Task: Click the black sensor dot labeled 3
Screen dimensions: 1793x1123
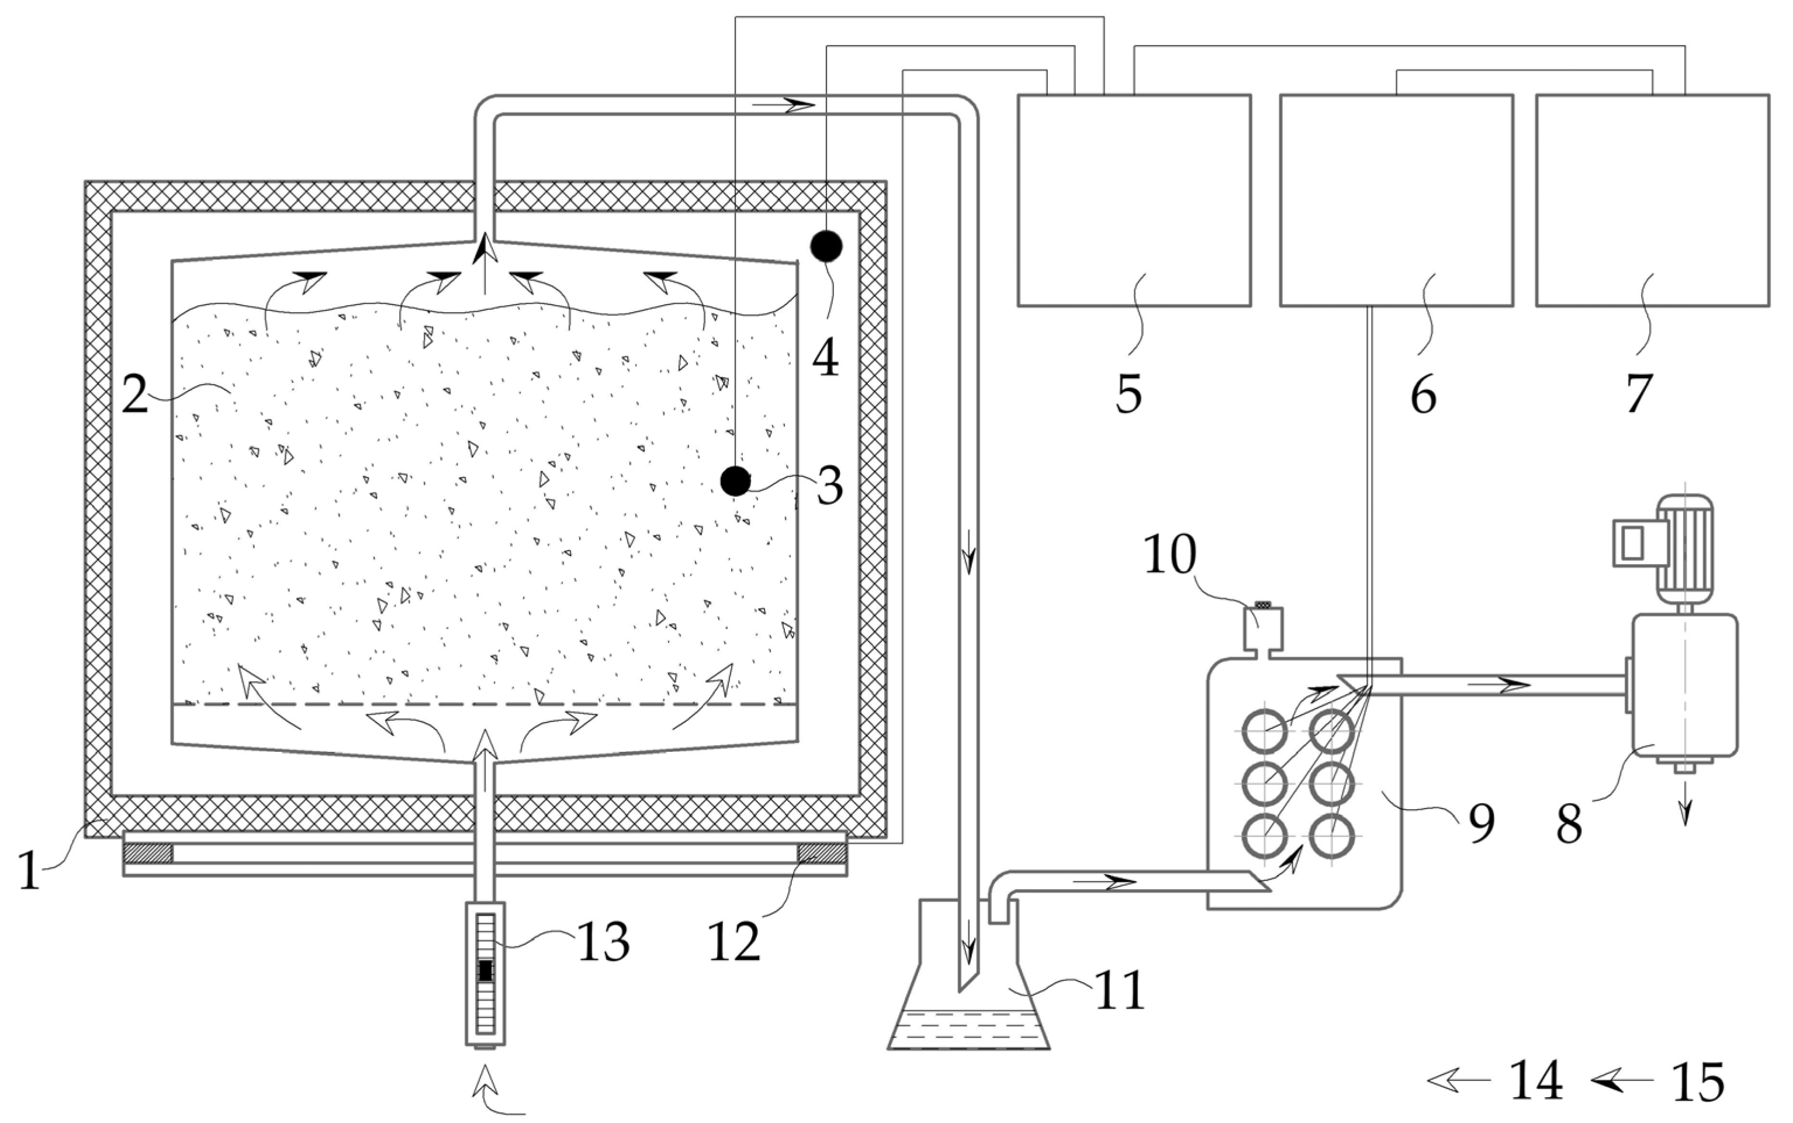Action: (x=736, y=481)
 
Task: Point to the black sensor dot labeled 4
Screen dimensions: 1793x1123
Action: (x=826, y=246)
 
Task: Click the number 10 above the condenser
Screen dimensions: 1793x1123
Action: (x=1170, y=554)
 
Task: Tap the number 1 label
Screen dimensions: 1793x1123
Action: (x=29, y=870)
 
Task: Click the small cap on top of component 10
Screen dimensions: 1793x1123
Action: (x=1262, y=604)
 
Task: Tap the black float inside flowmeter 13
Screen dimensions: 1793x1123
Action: (x=486, y=970)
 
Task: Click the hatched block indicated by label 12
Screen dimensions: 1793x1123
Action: (x=821, y=854)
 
